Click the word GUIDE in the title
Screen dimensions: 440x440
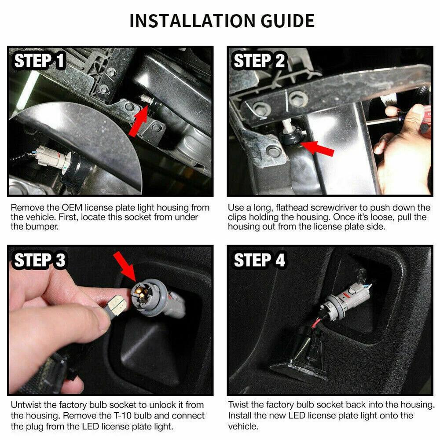coord(288,21)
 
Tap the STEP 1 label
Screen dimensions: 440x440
coord(39,61)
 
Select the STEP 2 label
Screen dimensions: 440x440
coord(259,61)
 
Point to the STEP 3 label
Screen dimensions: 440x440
coord(40,260)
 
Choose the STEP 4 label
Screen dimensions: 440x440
coord(259,260)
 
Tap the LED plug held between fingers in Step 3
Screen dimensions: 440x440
coord(115,307)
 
